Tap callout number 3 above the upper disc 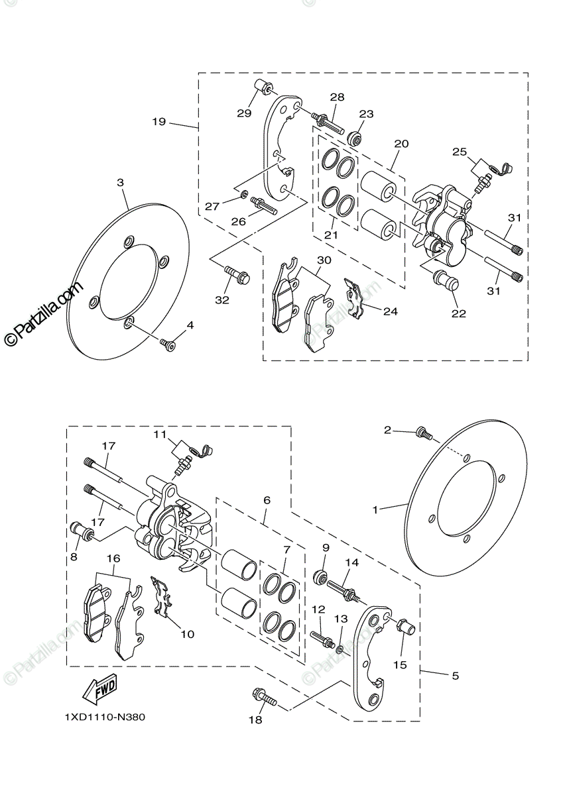120,182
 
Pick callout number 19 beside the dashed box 158,121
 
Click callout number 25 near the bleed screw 460,152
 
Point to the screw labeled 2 423,434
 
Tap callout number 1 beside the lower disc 375,510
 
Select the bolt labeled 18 263,697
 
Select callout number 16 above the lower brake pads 114,558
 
